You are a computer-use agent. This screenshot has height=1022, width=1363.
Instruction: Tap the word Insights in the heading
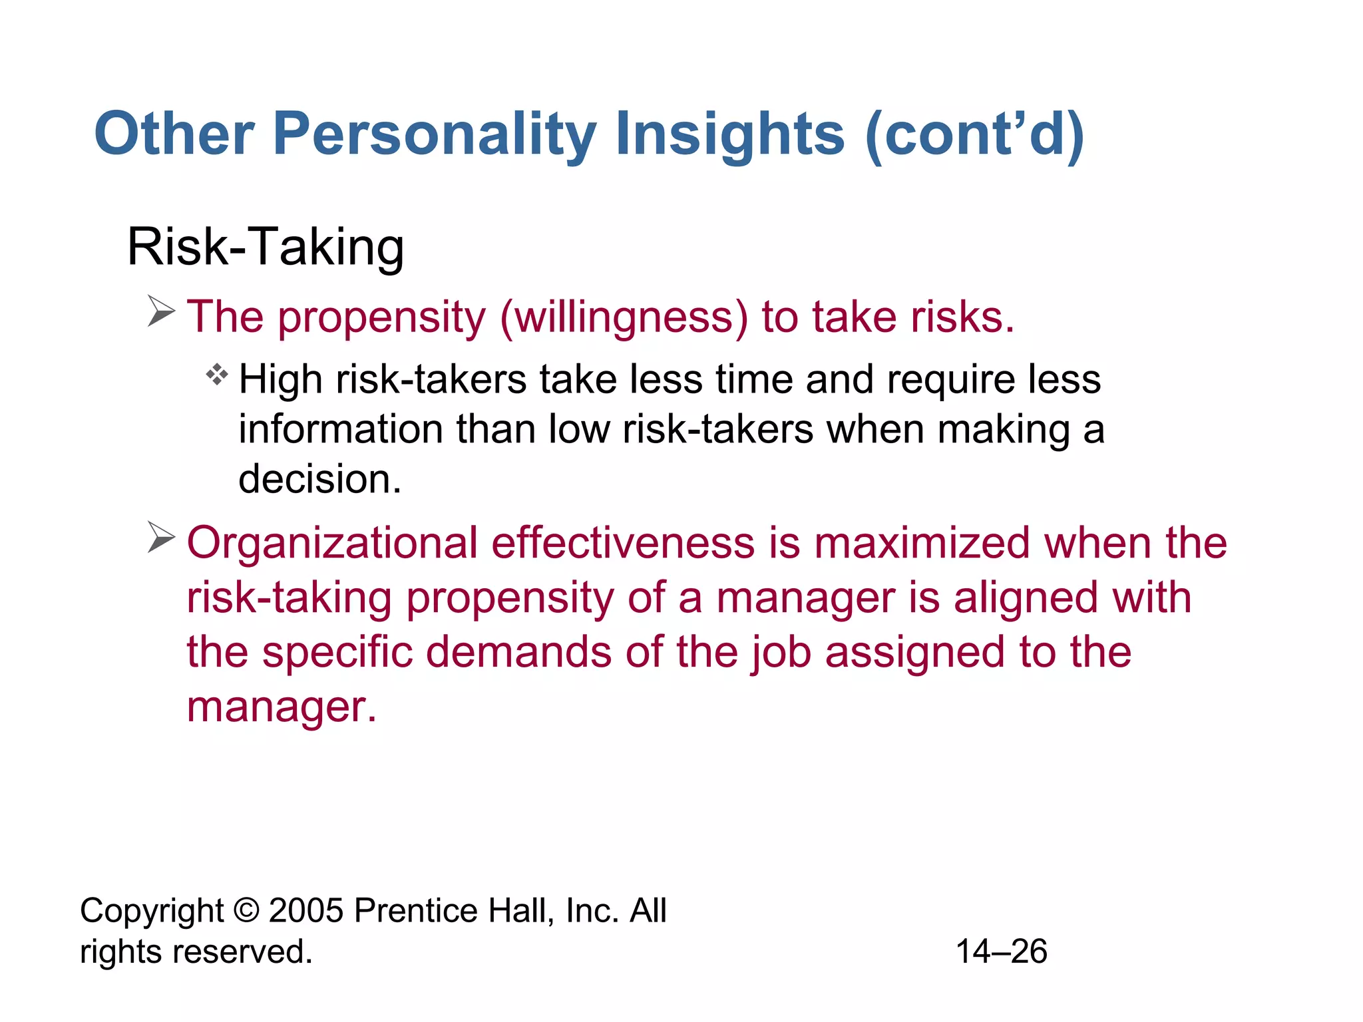click(730, 134)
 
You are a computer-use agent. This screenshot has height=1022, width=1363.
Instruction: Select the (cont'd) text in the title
click(975, 134)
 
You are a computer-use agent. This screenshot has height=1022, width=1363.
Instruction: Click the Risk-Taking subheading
click(266, 247)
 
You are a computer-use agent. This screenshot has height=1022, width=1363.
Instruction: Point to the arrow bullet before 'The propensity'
click(160, 311)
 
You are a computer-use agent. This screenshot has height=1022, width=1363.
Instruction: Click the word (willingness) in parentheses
click(624, 317)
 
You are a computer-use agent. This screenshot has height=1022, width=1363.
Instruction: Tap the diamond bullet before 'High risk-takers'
click(217, 375)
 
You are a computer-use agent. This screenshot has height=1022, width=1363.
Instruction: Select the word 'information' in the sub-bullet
click(340, 429)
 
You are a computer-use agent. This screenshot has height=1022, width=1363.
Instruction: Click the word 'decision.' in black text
click(320, 479)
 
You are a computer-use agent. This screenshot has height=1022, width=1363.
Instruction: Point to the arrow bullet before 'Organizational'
click(160, 537)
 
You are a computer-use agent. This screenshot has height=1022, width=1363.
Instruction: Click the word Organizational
click(332, 543)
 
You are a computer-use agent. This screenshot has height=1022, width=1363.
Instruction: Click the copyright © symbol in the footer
click(246, 910)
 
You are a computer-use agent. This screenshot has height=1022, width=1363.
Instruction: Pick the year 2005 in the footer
click(306, 910)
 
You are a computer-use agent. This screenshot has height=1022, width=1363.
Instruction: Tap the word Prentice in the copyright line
click(415, 910)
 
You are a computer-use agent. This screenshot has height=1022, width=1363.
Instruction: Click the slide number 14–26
click(1001, 951)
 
